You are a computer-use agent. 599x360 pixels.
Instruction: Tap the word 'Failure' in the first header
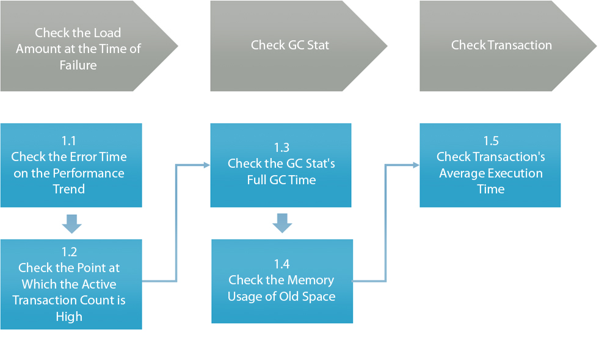click(78, 65)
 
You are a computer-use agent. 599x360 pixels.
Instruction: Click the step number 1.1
click(69, 141)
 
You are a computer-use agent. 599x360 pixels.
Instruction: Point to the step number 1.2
click(69, 252)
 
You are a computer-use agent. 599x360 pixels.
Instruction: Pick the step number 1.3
click(281, 148)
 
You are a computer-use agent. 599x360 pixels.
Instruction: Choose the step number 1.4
click(282, 264)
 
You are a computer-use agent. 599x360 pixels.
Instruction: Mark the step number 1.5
click(491, 141)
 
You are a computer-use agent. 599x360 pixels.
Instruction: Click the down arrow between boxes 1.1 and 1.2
click(72, 224)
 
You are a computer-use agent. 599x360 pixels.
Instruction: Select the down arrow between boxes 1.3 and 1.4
click(282, 223)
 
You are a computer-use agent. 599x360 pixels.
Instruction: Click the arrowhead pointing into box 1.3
click(206, 165)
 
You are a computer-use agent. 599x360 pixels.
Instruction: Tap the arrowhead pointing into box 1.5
click(416, 165)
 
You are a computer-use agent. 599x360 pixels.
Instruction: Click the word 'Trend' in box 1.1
click(69, 189)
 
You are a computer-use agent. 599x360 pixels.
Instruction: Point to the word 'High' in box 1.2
click(69, 317)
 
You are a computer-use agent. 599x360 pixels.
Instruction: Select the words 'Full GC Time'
click(281, 180)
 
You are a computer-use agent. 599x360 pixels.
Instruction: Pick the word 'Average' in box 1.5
click(461, 174)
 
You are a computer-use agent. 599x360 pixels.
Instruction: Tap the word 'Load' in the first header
click(107, 33)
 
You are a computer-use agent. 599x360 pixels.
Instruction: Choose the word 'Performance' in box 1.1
click(89, 173)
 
